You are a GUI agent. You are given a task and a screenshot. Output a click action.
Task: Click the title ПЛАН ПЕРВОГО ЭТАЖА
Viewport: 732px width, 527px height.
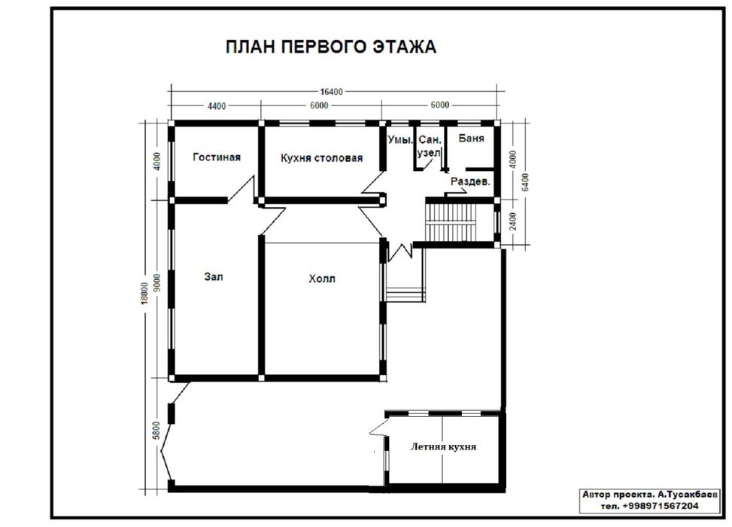click(332, 47)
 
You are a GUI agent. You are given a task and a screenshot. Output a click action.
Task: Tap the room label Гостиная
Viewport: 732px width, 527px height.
click(217, 157)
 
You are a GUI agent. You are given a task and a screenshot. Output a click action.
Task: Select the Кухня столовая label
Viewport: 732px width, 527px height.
click(321, 158)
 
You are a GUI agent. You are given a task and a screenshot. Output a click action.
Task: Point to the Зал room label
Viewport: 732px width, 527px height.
click(214, 276)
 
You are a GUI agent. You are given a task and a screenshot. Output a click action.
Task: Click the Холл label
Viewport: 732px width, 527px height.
click(322, 279)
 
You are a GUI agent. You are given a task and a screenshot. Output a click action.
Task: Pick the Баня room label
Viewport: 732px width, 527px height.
click(471, 139)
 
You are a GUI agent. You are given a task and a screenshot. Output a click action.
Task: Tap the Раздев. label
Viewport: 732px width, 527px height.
click(470, 182)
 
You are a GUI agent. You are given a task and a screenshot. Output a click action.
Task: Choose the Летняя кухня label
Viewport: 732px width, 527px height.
click(444, 446)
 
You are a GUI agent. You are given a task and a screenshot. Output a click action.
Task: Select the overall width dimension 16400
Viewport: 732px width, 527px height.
click(332, 92)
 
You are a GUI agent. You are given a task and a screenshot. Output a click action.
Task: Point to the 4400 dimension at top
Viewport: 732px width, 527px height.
click(216, 106)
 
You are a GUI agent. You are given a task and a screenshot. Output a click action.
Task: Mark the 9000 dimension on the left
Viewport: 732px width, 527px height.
click(156, 280)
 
